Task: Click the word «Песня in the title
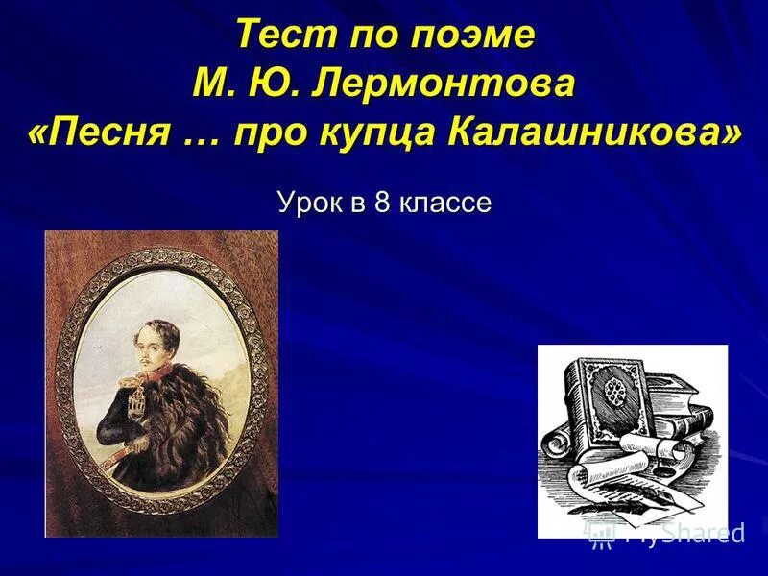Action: coord(100,132)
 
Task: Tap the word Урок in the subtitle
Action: coord(306,203)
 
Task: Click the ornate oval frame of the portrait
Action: coord(71,384)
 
